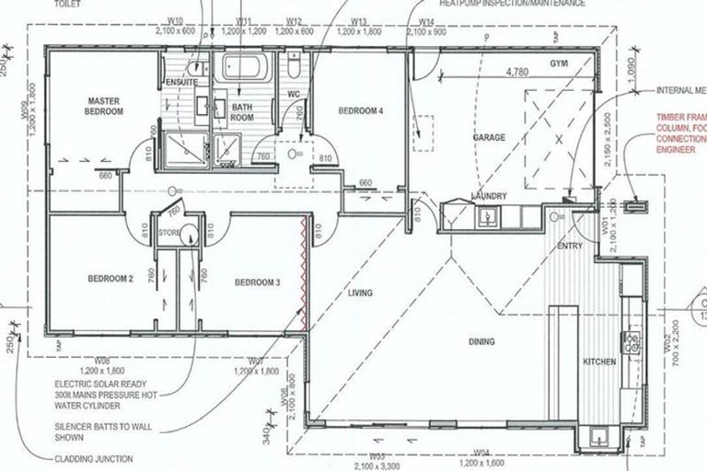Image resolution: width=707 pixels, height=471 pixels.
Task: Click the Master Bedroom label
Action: point(105,106)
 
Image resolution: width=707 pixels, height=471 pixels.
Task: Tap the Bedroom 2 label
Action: point(111,279)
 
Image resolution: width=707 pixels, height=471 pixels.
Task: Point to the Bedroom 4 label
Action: point(360,110)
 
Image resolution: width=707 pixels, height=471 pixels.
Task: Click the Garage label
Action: point(489,137)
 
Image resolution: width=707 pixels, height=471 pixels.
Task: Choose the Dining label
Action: point(481,341)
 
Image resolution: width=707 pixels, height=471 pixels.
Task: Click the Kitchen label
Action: point(599,362)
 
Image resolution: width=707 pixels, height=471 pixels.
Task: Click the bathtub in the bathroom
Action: point(243,70)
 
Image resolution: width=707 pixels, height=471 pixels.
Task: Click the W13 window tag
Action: point(359,20)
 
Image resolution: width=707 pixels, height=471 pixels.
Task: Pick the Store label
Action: point(168,233)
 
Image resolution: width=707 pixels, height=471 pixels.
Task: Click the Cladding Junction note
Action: point(95,458)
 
